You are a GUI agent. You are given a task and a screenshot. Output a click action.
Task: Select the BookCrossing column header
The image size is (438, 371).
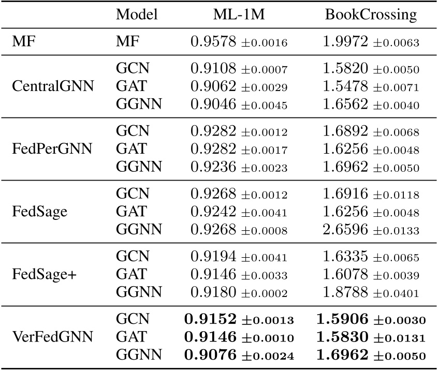point(370,14)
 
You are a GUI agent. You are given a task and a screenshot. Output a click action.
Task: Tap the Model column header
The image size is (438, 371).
point(136,14)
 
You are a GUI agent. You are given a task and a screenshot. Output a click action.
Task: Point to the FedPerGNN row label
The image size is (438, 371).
point(52,149)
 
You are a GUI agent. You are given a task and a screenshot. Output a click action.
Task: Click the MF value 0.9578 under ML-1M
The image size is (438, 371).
point(213,42)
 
